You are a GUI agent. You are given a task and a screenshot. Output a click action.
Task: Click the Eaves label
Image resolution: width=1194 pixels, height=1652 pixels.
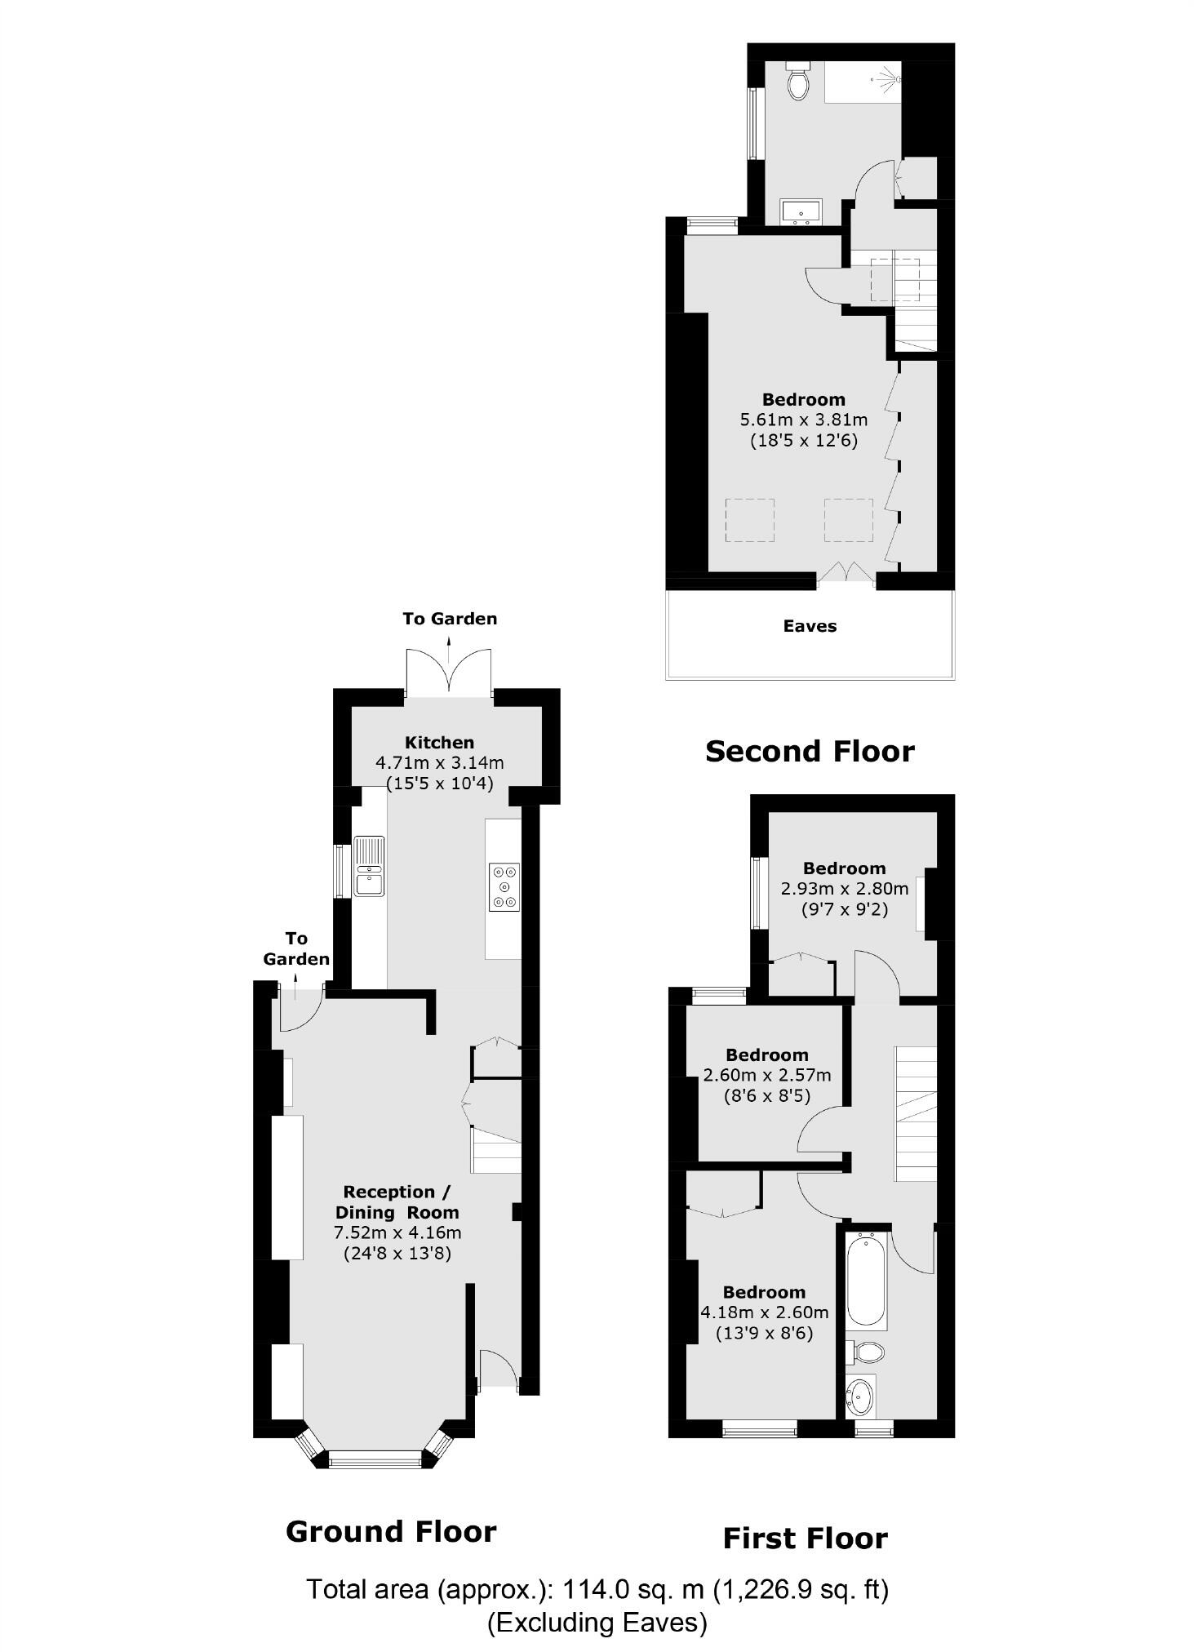tap(809, 626)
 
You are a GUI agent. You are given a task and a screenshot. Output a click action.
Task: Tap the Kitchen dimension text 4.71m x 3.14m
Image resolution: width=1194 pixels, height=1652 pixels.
tap(439, 763)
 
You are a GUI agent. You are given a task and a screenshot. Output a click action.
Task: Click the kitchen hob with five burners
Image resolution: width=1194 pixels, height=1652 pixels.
tap(504, 886)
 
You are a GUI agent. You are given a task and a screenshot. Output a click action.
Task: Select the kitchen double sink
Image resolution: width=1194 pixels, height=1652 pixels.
tap(369, 866)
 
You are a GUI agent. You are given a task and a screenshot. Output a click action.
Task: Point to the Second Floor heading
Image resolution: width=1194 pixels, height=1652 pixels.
tap(809, 751)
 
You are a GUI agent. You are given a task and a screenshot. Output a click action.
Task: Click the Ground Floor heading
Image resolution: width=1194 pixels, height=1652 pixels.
tap(391, 1532)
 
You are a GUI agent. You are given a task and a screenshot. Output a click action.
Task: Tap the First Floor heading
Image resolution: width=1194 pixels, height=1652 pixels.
tap(805, 1539)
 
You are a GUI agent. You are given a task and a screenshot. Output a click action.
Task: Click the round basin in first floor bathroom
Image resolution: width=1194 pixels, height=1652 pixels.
tap(860, 1397)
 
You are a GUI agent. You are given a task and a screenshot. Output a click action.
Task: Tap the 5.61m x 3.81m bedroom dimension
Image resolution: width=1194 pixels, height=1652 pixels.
tap(803, 420)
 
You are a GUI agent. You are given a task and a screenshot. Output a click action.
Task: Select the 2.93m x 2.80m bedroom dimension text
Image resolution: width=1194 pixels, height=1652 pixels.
tap(844, 889)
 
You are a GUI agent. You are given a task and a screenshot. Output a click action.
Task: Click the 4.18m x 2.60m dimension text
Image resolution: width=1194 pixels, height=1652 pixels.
tap(764, 1312)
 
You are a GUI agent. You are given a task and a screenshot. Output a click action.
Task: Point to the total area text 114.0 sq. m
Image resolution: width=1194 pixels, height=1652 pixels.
tap(597, 1589)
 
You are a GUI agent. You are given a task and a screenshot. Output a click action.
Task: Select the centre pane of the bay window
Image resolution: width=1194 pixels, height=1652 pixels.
tap(376, 1459)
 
